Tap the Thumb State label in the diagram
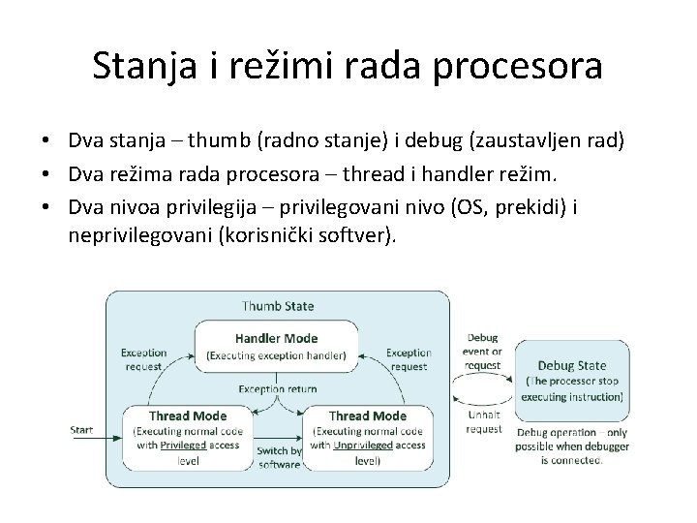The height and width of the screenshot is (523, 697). [277, 306]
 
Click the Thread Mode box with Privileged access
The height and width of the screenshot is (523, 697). [188, 438]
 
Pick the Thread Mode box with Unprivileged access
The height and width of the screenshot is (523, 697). [365, 438]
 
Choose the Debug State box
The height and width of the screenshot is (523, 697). [572, 382]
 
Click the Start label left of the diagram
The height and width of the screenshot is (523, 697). [81, 430]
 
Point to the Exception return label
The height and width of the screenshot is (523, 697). [278, 388]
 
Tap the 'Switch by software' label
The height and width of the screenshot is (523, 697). [279, 457]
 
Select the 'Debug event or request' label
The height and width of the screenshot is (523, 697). [483, 351]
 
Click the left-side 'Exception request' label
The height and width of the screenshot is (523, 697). [144, 360]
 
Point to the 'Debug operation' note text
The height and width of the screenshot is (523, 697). [572, 446]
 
